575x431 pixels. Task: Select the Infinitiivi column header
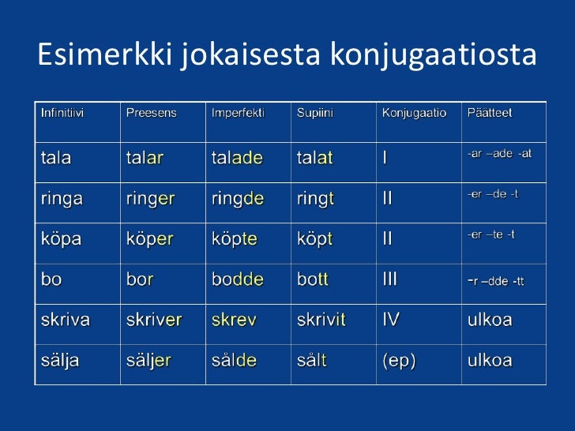click(x=62, y=113)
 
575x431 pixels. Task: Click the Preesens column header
click(x=152, y=113)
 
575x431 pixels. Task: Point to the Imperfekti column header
click(x=238, y=113)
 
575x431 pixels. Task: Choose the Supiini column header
click(x=315, y=113)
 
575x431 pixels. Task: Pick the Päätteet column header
click(x=490, y=113)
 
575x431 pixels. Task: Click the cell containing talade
click(x=237, y=158)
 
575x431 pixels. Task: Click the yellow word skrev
click(x=231, y=320)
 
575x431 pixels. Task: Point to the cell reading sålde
click(x=234, y=361)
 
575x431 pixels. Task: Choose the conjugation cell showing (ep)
click(x=400, y=361)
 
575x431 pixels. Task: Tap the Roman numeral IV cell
click(x=392, y=320)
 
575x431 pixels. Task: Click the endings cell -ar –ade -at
click(x=499, y=153)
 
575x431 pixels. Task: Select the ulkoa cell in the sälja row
click(x=490, y=361)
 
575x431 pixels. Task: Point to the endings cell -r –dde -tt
click(x=496, y=280)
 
